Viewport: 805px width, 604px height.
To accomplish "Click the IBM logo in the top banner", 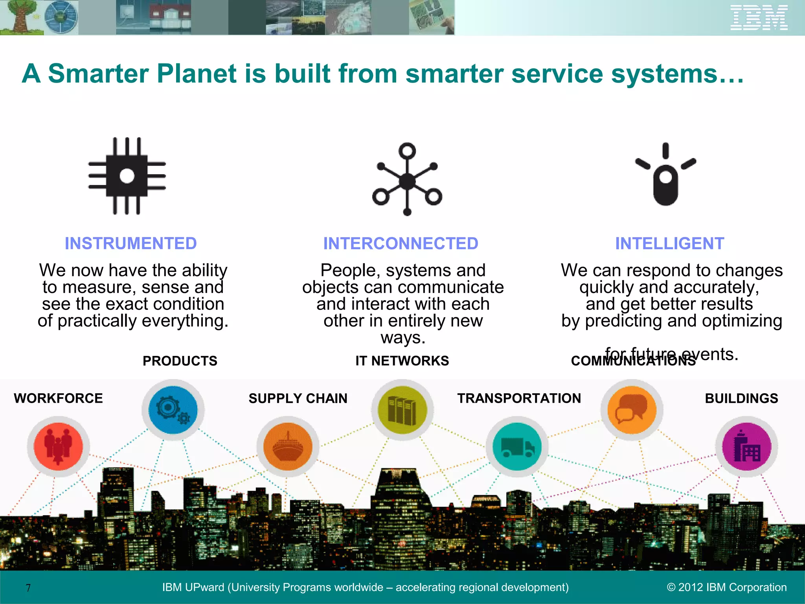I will (x=759, y=18).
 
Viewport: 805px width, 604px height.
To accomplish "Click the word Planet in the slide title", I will (x=196, y=74).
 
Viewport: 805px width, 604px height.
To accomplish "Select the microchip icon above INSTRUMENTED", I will (x=127, y=176).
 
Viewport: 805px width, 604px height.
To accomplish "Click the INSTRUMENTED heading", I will (x=130, y=243).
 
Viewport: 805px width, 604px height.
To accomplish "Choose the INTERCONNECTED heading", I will (x=401, y=243).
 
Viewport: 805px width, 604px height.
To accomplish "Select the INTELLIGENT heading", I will (x=669, y=243).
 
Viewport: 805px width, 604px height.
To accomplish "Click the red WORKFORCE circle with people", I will (x=58, y=447).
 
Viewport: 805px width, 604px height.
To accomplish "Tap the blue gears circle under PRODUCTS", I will (x=173, y=410).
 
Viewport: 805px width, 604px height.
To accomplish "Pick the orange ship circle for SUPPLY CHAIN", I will (x=288, y=447).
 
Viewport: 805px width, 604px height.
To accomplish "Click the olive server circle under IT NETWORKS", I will (x=402, y=410).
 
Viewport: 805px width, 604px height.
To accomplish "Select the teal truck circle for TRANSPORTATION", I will (x=517, y=447).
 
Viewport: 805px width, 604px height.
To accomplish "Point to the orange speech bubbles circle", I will (x=632, y=410).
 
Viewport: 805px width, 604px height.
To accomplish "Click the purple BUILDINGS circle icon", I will (x=746, y=447).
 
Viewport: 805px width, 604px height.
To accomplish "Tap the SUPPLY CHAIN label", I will (x=298, y=398).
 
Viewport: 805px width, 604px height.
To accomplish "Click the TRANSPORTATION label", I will (x=519, y=398).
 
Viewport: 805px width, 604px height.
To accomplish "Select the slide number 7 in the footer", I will (x=28, y=588).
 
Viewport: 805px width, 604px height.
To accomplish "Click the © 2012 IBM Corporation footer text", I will (x=727, y=587).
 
